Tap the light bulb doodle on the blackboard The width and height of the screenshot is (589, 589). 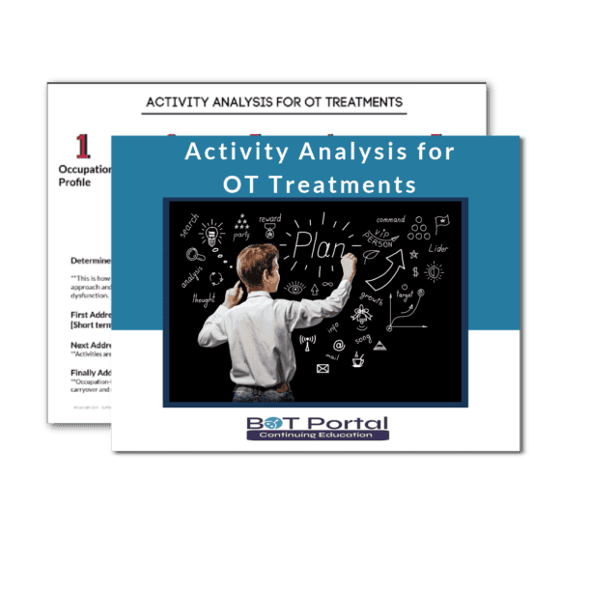[x=211, y=233]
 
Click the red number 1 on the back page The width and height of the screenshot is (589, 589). [x=84, y=146]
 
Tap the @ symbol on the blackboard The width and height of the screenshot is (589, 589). [x=338, y=345]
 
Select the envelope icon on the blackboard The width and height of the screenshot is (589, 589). [x=323, y=368]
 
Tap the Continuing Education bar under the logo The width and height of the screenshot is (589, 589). [x=316, y=436]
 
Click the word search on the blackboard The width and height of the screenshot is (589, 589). [x=187, y=225]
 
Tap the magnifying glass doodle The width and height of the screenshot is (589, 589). [x=193, y=255]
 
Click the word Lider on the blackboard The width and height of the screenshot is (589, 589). [x=438, y=248]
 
